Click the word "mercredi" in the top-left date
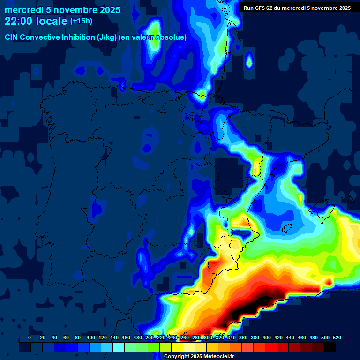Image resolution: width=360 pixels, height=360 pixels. [x=23, y=10]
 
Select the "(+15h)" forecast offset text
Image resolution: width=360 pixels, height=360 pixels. [x=81, y=21]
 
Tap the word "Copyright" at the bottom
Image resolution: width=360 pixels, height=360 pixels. [x=177, y=357]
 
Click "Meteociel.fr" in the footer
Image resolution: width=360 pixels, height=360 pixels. [x=219, y=357]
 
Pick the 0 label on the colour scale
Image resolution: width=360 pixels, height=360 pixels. [x=30, y=338]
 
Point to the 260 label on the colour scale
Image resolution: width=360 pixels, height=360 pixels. [x=185, y=338]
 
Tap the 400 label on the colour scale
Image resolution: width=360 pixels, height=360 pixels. [x=267, y=338]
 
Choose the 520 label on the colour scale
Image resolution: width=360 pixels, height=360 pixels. [x=337, y=338]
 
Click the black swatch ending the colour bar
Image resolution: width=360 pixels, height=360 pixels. [x=330, y=347]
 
